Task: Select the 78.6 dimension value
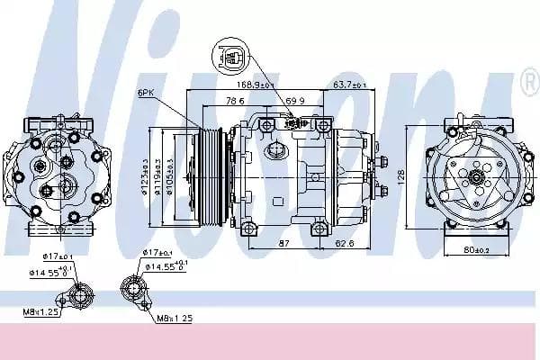(x=236, y=100)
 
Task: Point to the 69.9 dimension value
(x=294, y=100)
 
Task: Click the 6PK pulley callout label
(x=146, y=92)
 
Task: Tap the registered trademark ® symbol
(x=528, y=83)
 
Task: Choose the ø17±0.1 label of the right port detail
(x=159, y=254)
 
